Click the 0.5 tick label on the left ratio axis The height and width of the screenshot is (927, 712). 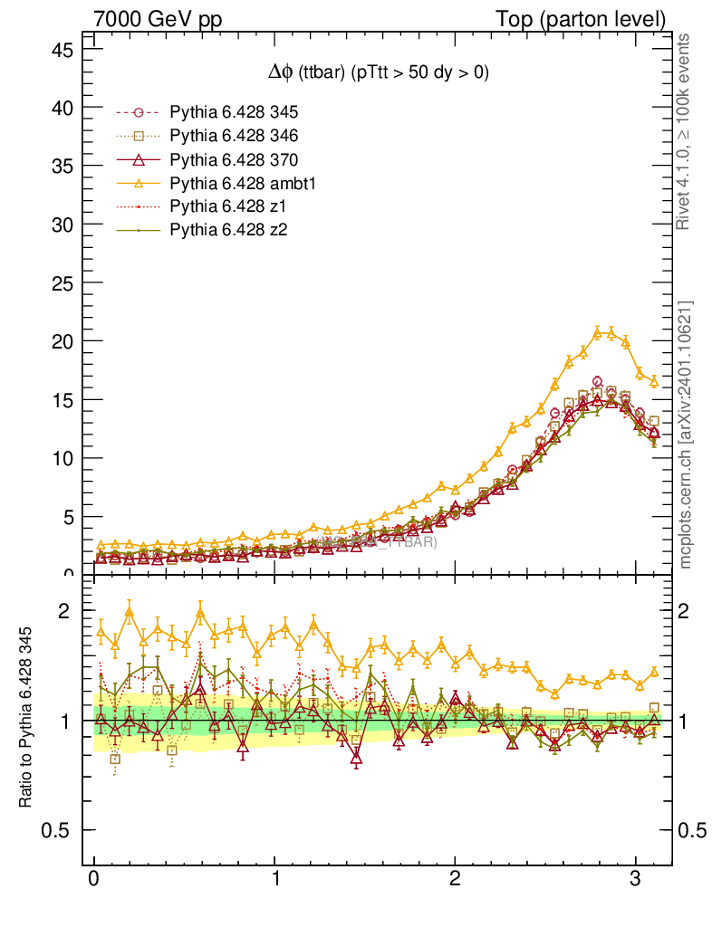pyautogui.click(x=55, y=830)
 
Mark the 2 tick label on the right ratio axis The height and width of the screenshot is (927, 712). pyautogui.click(x=694, y=611)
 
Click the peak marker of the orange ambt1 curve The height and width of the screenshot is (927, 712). pyautogui.click(x=597, y=332)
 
